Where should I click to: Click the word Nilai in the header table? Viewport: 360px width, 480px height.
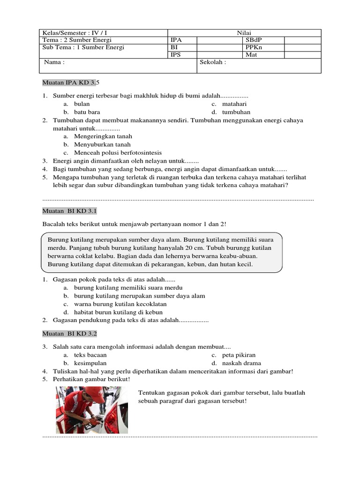tap(244, 33)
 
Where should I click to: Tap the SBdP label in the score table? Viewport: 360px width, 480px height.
tap(254, 40)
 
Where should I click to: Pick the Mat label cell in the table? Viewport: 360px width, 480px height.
tap(251, 55)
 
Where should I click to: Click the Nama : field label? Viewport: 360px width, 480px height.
tap(54, 62)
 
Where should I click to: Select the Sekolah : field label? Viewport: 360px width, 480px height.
tap(213, 62)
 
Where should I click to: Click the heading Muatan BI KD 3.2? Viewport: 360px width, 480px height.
tap(69, 334)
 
